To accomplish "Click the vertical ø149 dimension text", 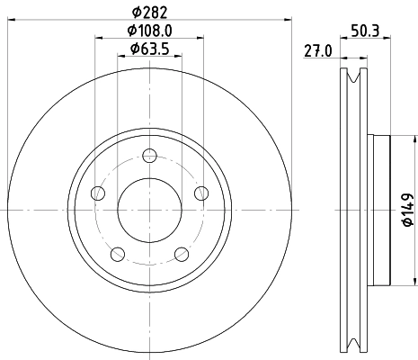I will pos(406,209).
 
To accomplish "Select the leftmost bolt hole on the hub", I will pos(98,193).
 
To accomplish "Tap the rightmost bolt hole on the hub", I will pos(201,192).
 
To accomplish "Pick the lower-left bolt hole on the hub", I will pos(118,252).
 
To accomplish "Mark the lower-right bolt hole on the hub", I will pos(182,252).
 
